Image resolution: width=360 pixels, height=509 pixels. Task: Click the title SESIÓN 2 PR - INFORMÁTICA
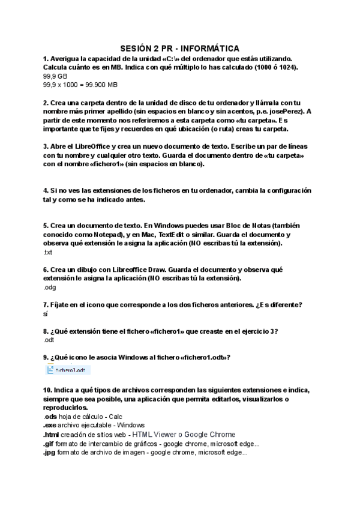pos(179,47)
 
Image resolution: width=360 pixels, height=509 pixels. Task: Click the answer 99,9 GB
pos(55,77)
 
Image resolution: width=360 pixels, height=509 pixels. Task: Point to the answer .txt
pos(48,252)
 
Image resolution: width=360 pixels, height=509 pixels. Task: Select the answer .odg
pos(49,288)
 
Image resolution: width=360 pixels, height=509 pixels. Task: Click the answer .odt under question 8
pos(49,340)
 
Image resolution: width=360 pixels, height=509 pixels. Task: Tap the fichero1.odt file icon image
pos(70,370)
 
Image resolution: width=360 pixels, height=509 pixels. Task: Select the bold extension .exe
pos(50,426)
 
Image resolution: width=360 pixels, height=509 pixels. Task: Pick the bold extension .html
pos(52,435)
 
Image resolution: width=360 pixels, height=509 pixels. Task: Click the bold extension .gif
pos(49,444)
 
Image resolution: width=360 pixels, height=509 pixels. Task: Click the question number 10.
pos(48,390)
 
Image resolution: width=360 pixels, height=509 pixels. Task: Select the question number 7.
pos(46,305)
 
